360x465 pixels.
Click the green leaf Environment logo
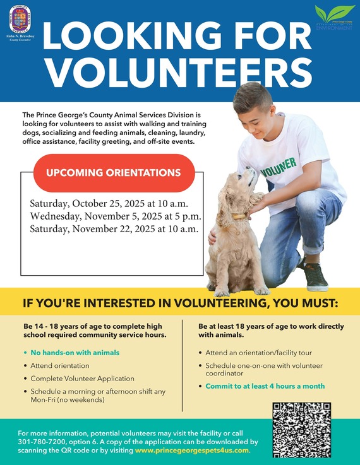[x=335, y=17]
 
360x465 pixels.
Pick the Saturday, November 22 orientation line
[x=114, y=229]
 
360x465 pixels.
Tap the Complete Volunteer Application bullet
[x=82, y=379]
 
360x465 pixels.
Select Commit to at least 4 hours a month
[x=265, y=386]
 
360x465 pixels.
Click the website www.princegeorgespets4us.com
[x=193, y=450]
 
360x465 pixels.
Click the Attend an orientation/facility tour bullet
[x=258, y=353]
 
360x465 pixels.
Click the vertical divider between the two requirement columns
[x=182, y=363]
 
